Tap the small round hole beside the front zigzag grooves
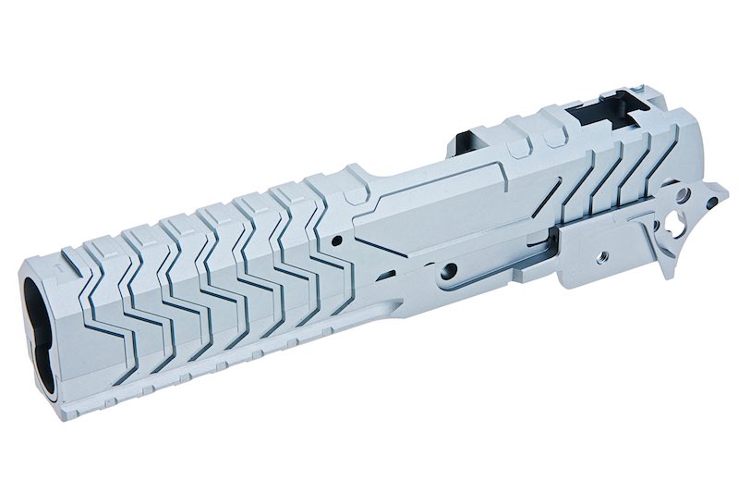pyautogui.click(x=336, y=239)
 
